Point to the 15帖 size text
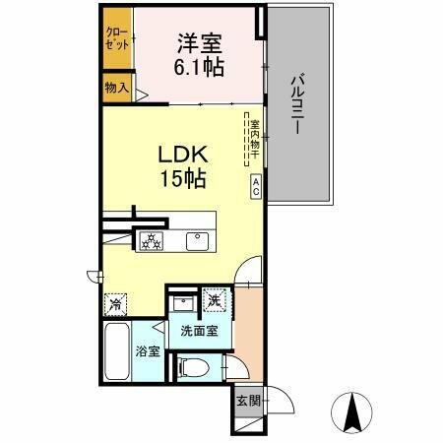tap(183, 179)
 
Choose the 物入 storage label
tap(116, 88)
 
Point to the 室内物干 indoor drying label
tap(254, 137)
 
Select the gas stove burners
tap(153, 240)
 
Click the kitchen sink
tap(196, 239)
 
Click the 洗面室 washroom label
tap(199, 332)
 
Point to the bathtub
tap(118, 356)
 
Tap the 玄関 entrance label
tap(247, 401)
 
